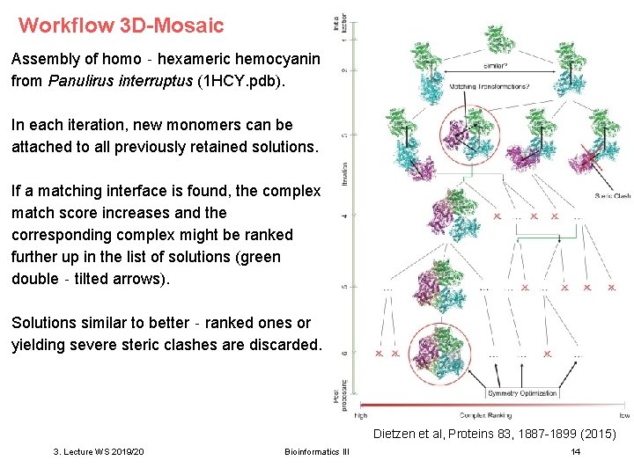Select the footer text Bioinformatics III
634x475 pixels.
[317, 451]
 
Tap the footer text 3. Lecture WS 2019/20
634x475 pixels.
[99, 451]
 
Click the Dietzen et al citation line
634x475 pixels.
[494, 434]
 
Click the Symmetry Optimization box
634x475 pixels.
[522, 393]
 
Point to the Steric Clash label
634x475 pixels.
[612, 196]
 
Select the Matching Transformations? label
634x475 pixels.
[490, 86]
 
